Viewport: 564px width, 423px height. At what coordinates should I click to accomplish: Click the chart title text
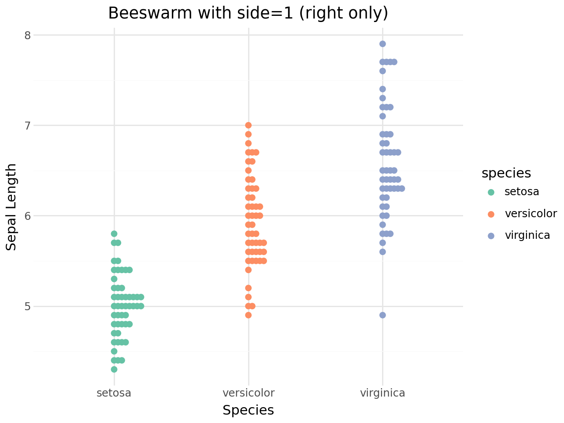pyautogui.click(x=248, y=13)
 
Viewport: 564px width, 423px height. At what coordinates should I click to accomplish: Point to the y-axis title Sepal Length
pyautogui.click(x=11, y=207)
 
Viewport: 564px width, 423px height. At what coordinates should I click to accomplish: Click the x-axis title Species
pyautogui.click(x=248, y=410)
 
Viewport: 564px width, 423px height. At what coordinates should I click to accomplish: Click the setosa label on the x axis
pyautogui.click(x=114, y=393)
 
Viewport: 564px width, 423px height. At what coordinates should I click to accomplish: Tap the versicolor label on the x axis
pyautogui.click(x=249, y=393)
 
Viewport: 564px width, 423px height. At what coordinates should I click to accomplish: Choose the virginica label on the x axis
pyautogui.click(x=382, y=393)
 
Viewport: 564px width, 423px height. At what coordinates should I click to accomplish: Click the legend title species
pyautogui.click(x=506, y=173)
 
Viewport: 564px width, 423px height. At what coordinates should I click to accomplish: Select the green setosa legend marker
pyautogui.click(x=491, y=192)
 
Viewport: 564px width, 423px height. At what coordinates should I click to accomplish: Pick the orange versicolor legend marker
pyautogui.click(x=491, y=214)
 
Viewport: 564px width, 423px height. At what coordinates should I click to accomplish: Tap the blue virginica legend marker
pyautogui.click(x=491, y=236)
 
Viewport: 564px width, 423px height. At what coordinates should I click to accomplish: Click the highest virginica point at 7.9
pyautogui.click(x=382, y=44)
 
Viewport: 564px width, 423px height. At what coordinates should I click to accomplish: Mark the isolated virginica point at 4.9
pyautogui.click(x=382, y=315)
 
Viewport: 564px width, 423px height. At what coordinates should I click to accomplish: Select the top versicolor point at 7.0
pyautogui.click(x=249, y=125)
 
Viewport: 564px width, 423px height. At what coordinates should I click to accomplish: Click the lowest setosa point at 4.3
pyautogui.click(x=114, y=369)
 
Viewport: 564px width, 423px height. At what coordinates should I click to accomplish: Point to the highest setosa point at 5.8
pyautogui.click(x=114, y=234)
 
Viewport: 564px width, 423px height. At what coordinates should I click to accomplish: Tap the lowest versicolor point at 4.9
pyautogui.click(x=249, y=315)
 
